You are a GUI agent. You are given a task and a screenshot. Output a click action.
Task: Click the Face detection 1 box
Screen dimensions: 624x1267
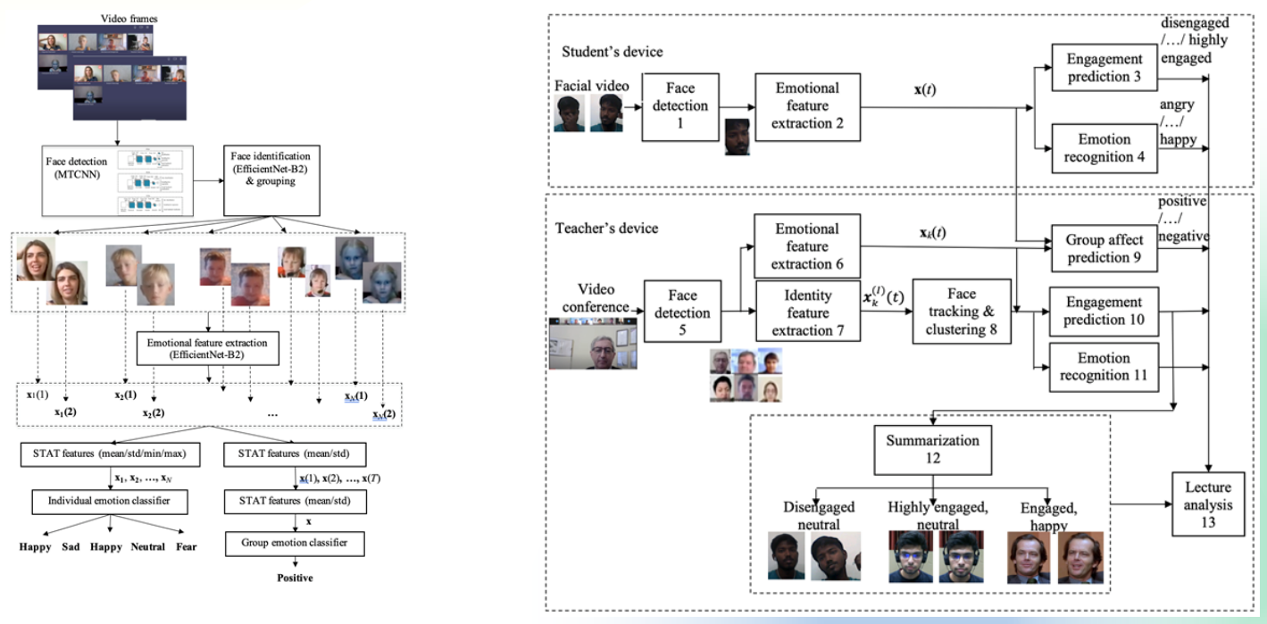click(x=680, y=106)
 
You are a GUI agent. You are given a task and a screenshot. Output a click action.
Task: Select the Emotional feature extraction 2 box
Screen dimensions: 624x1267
click(x=807, y=106)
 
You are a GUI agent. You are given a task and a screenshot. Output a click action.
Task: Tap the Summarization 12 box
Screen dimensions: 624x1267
click(x=932, y=449)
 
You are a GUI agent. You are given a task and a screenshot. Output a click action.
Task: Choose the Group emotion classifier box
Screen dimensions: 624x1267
click(x=294, y=542)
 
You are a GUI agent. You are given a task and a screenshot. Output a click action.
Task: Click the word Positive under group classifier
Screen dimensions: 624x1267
click(x=295, y=578)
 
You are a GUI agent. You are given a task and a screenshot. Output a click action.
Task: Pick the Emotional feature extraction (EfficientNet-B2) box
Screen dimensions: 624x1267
click(x=208, y=347)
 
